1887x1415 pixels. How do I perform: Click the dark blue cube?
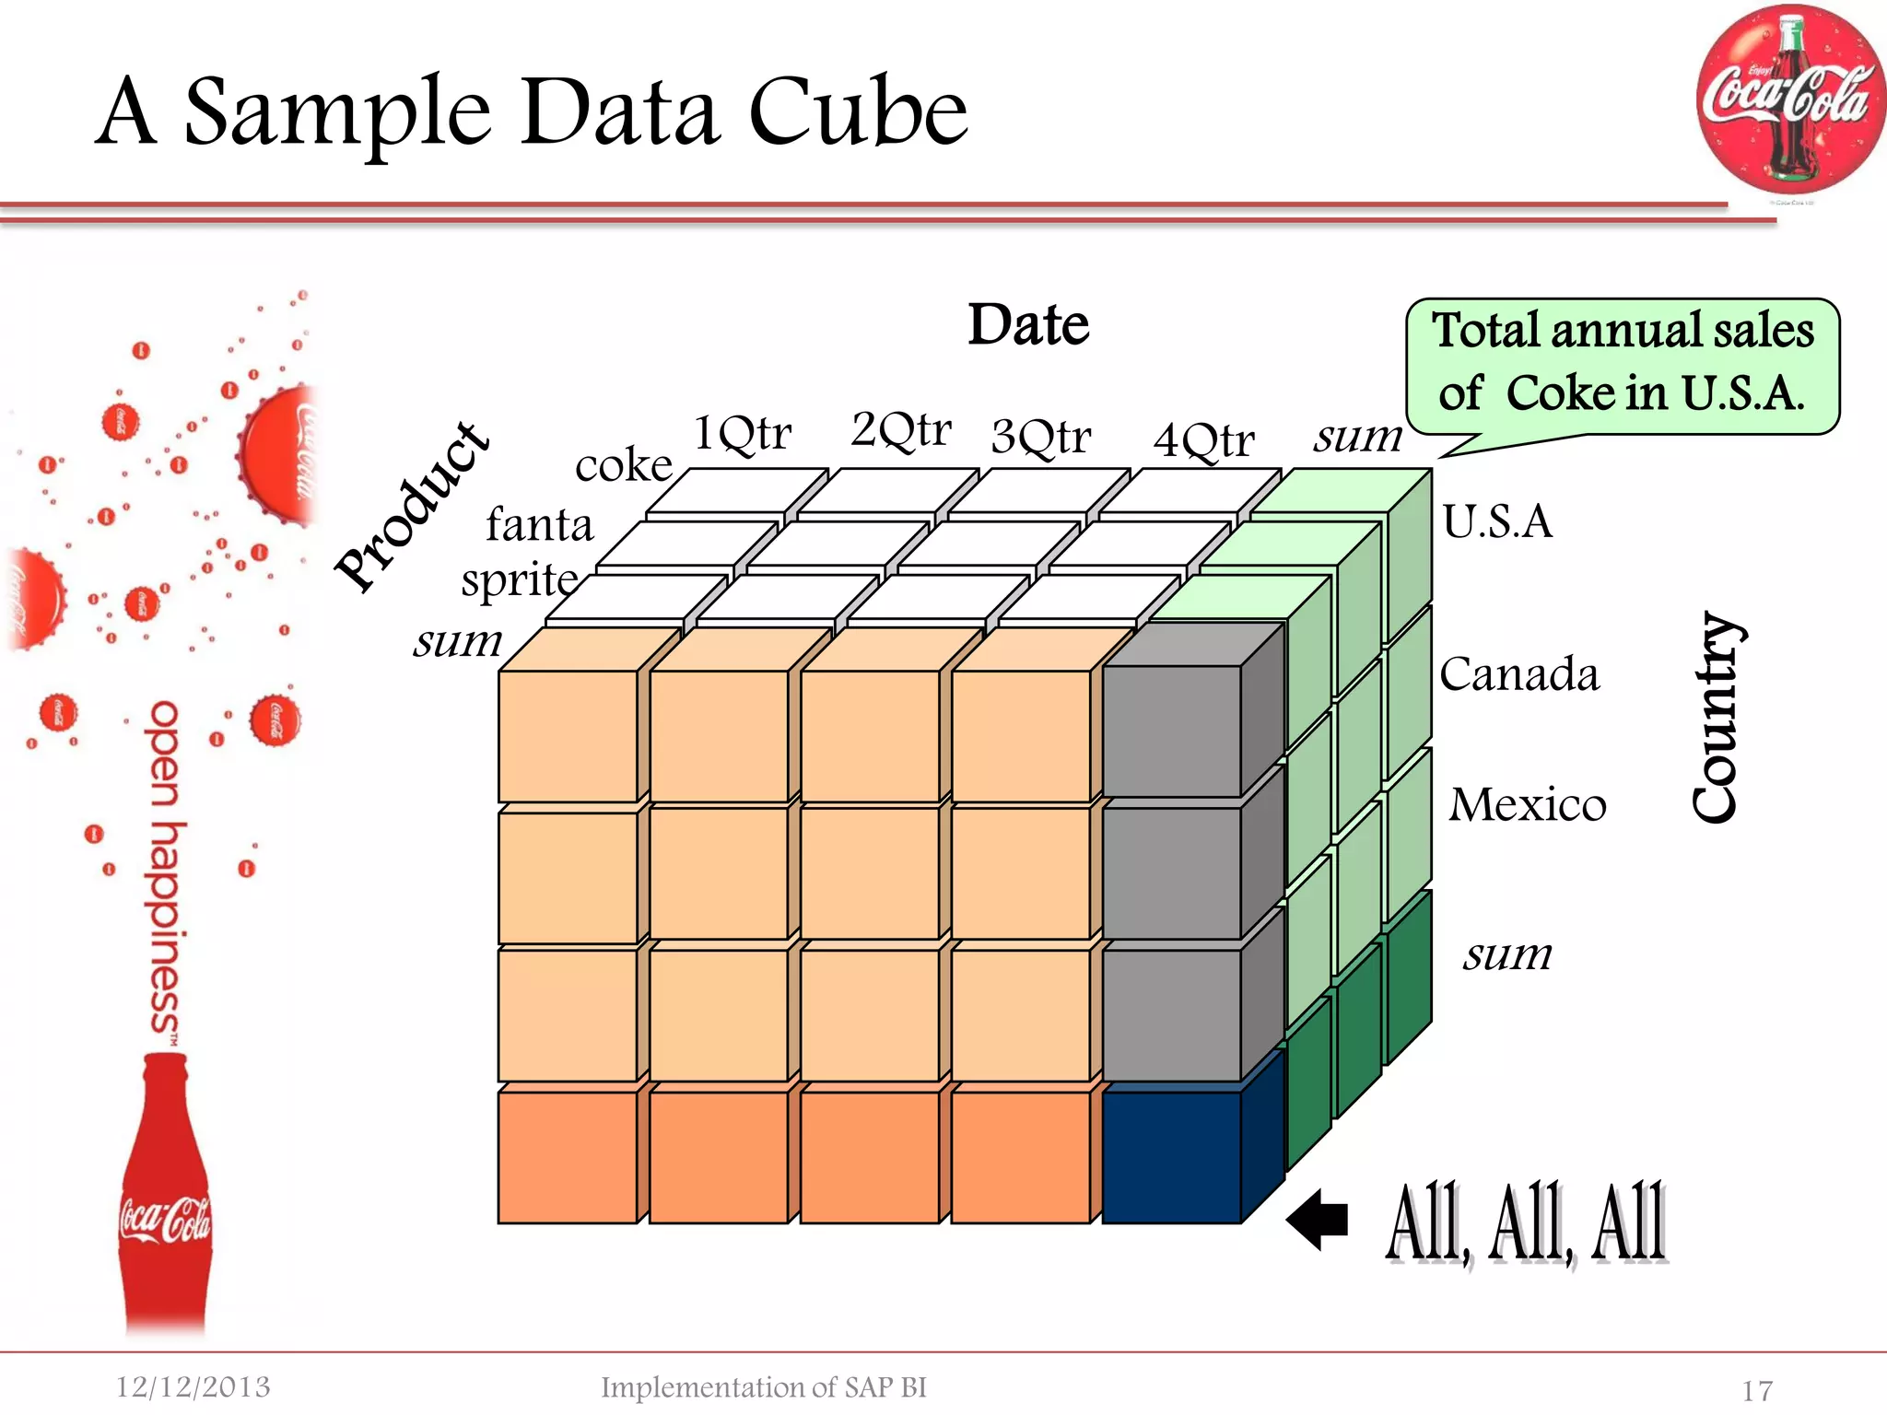coord(1172,1157)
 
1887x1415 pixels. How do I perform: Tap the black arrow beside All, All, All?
coord(1318,1220)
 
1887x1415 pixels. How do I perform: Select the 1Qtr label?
coord(742,432)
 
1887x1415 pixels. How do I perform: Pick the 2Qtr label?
coord(901,429)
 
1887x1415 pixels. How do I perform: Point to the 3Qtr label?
coord(1041,437)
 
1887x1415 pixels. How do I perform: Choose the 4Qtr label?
coord(1203,440)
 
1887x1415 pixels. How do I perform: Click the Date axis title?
coord(1028,324)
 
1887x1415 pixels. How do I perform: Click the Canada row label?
coord(1519,674)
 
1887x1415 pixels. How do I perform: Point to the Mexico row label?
coord(1528,804)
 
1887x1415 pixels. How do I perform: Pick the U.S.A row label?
coord(1497,521)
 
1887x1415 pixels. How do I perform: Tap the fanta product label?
coord(539,525)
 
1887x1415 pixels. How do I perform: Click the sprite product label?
coord(519,580)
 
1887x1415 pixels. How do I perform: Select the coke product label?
coord(624,465)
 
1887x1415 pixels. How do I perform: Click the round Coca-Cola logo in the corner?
coord(1789,99)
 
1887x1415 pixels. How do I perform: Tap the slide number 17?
coord(1757,1390)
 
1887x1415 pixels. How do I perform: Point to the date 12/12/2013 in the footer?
coord(193,1386)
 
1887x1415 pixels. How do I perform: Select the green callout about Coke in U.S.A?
coord(1623,365)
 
